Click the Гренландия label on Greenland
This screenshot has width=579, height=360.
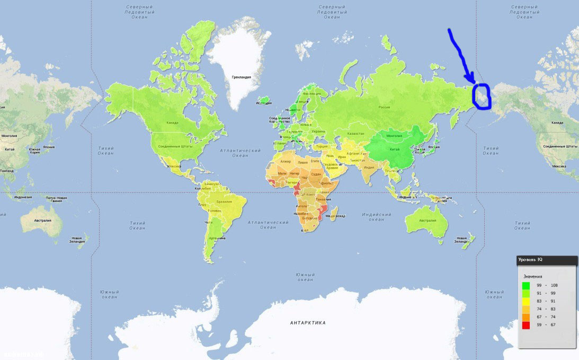point(241,77)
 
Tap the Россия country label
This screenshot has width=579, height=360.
point(384,107)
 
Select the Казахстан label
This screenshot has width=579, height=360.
point(355,134)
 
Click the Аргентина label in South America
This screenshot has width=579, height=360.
point(216,239)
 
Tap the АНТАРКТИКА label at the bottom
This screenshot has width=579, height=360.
point(308,322)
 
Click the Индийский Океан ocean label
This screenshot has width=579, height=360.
point(376,217)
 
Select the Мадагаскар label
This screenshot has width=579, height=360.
point(335,216)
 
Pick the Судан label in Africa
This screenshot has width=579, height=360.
point(316,174)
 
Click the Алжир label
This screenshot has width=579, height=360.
point(286,161)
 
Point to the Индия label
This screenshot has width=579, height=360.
point(369,168)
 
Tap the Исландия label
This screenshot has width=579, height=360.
point(264,102)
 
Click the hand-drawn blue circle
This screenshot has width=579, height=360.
point(483,96)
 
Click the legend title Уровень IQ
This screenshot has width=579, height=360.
point(530,260)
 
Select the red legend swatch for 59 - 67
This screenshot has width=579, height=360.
point(526,324)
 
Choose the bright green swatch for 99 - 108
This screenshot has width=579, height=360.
point(526,286)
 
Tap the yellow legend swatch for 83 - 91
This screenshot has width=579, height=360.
point(526,301)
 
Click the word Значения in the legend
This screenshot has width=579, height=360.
point(533,276)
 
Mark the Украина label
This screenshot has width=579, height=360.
point(318,131)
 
